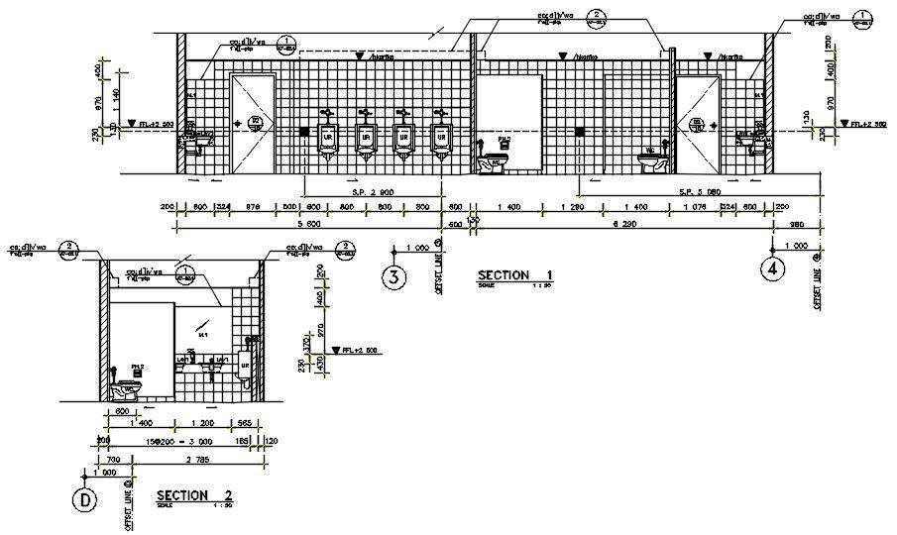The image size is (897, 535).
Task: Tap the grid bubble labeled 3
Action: click(x=394, y=278)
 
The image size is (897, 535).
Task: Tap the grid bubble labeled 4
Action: click(x=772, y=266)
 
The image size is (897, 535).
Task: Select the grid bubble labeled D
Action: click(x=86, y=500)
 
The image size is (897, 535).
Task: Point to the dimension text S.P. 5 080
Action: click(x=700, y=190)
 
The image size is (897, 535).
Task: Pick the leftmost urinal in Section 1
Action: click(x=327, y=138)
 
